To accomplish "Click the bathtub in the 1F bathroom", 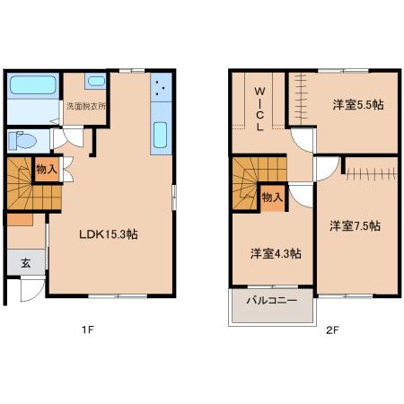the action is [x=33, y=84].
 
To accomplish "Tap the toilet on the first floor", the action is [x=22, y=140].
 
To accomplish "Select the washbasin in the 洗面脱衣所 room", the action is [x=95, y=81].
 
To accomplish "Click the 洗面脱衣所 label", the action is [x=86, y=106].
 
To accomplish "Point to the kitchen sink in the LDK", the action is [x=160, y=135].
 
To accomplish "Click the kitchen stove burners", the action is [x=161, y=87].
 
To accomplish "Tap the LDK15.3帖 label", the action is [x=109, y=234].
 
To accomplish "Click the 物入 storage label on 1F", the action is [x=47, y=170].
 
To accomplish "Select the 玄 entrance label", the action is [x=26, y=263].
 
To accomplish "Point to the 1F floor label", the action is [x=88, y=329].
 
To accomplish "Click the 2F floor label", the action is [x=332, y=330].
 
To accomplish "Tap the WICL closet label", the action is [x=259, y=109].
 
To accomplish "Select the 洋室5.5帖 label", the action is [x=358, y=105].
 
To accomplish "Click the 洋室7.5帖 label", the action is [x=356, y=226].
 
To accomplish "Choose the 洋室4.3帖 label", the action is [x=276, y=254].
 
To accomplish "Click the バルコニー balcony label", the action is [x=272, y=300].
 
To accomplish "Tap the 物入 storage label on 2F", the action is [x=272, y=198].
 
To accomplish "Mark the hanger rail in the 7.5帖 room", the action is [x=372, y=173].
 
